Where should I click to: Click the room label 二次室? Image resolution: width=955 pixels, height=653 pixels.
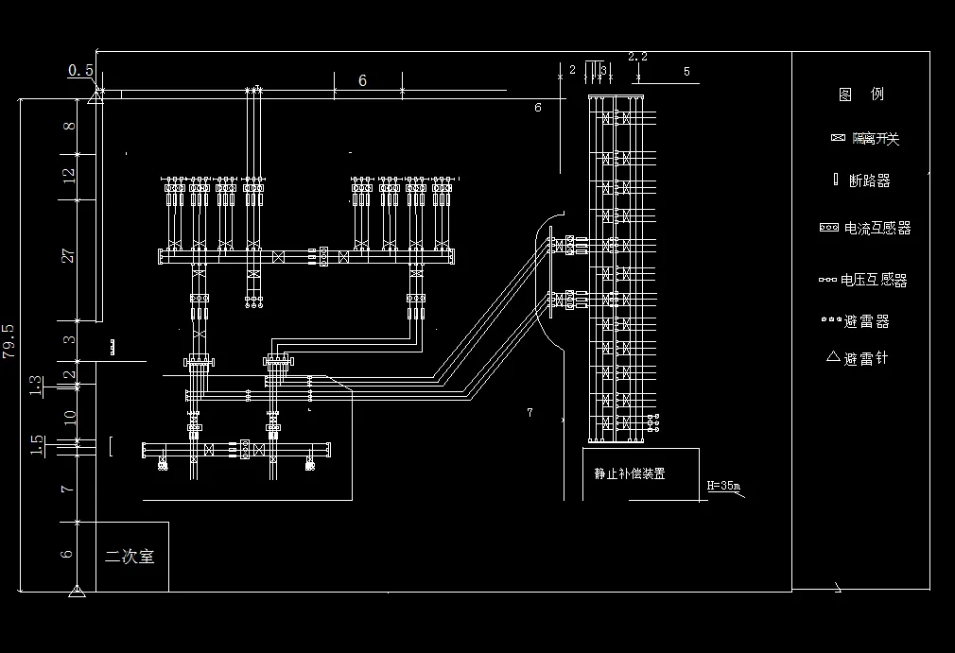pyautogui.click(x=130, y=557)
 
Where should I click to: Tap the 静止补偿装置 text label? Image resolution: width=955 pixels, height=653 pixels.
pyautogui.click(x=630, y=473)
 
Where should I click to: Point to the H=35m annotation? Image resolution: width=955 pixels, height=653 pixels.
pyautogui.click(x=725, y=488)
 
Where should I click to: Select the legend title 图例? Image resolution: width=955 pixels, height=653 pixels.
pyautogui.click(x=860, y=95)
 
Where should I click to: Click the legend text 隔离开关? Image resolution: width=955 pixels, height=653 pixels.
pyautogui.click(x=875, y=139)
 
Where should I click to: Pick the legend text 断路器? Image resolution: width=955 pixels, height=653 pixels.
pyautogui.click(x=870, y=180)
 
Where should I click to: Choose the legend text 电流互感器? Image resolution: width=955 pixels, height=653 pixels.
pyautogui.click(x=877, y=228)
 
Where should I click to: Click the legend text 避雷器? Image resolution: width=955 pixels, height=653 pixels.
pyautogui.click(x=867, y=321)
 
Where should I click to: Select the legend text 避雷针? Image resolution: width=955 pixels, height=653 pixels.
pyautogui.click(x=866, y=359)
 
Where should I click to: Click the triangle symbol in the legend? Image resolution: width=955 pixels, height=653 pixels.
pyautogui.click(x=833, y=357)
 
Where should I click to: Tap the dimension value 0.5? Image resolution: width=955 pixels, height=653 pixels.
pyautogui.click(x=80, y=70)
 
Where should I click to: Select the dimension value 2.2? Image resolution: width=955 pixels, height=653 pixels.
pyautogui.click(x=638, y=57)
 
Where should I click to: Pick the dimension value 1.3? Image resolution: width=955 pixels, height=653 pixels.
pyautogui.click(x=36, y=385)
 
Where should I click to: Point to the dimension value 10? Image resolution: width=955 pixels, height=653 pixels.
pyautogui.click(x=68, y=414)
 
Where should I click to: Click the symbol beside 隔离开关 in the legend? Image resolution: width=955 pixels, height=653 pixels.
pyautogui.click(x=837, y=138)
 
